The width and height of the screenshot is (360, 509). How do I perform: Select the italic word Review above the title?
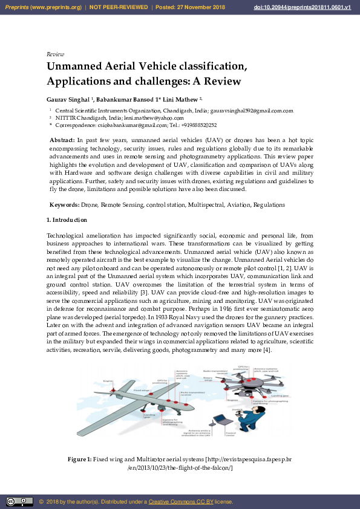pyautogui.click(x=55, y=54)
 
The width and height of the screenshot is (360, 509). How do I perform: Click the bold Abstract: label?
pyautogui.click(x=62, y=140)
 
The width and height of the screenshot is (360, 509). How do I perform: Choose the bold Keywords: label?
pyautogui.click(x=64, y=205)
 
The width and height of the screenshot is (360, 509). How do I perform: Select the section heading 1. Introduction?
pyautogui.click(x=67, y=220)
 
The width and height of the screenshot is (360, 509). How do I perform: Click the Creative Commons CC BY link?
pyautogui.click(x=180, y=502)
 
